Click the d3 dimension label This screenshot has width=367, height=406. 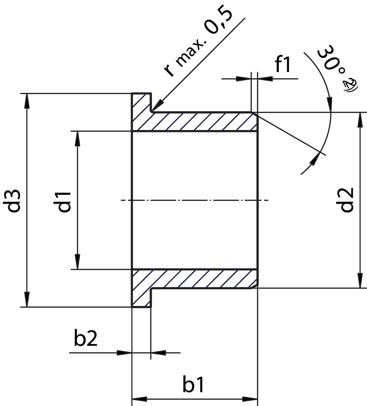pos(14,200)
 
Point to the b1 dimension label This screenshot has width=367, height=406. pos(194,385)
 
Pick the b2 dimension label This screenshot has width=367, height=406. pos(86,339)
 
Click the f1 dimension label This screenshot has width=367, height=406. pos(283,65)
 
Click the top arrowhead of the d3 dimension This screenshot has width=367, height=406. pos(27,100)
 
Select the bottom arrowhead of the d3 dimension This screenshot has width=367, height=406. pos(27,300)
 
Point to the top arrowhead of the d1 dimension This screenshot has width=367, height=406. pos(78,138)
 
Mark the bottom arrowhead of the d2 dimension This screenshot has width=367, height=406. pos(360,281)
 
